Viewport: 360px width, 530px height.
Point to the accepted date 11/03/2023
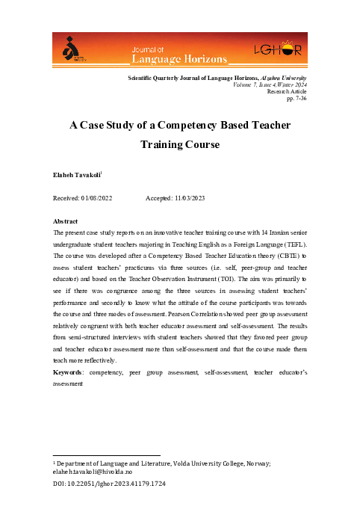tap(193, 199)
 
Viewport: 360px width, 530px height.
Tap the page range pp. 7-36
tap(298, 98)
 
